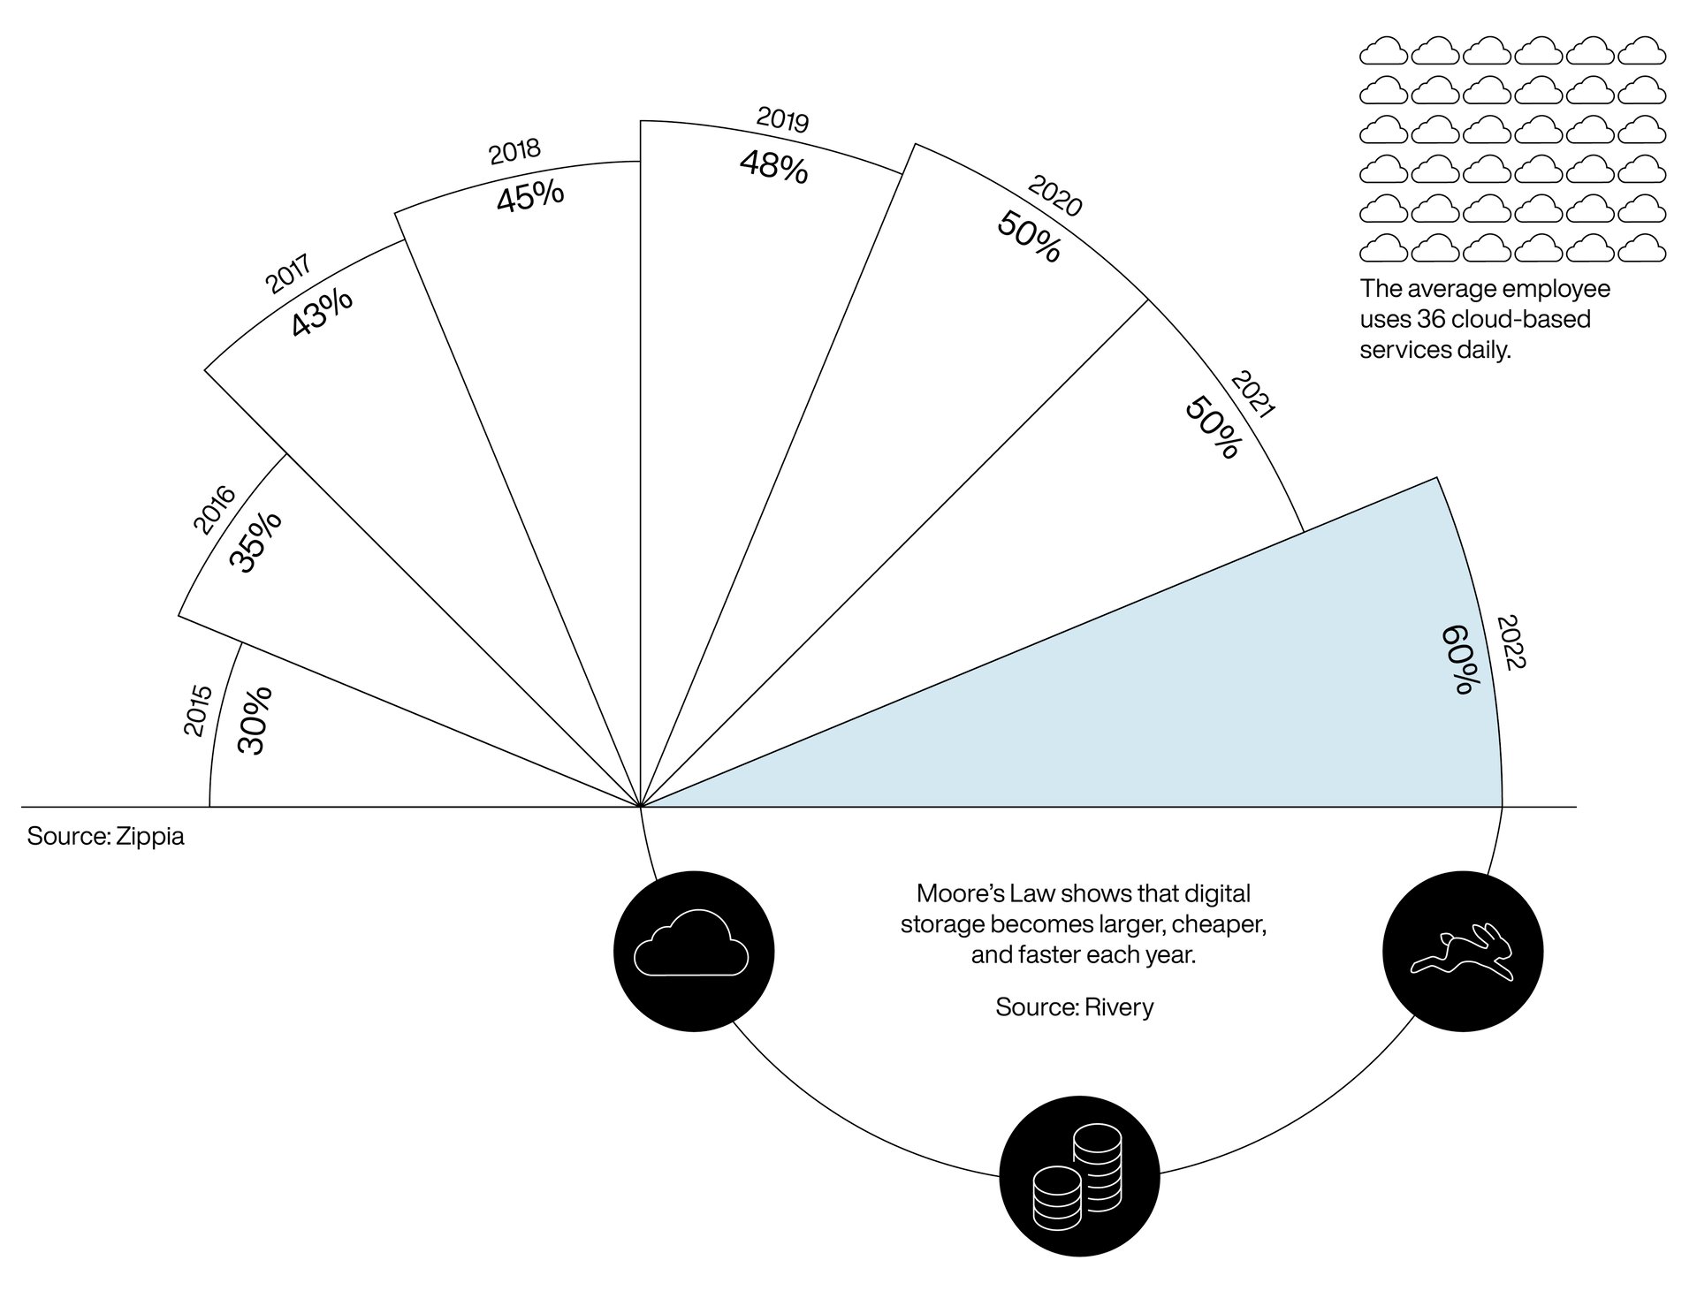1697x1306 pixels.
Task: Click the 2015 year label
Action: (x=198, y=710)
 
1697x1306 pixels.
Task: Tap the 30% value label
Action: (x=255, y=720)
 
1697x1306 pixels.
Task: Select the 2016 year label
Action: (x=215, y=510)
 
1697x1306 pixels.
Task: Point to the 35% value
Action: (x=256, y=542)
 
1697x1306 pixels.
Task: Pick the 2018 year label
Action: (x=514, y=151)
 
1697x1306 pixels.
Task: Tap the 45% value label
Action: (x=529, y=196)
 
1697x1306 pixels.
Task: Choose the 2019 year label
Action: (x=783, y=119)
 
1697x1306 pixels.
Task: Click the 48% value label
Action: (x=773, y=166)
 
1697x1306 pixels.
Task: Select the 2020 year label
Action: (x=1055, y=196)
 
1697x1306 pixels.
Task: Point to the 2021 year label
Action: (x=1252, y=395)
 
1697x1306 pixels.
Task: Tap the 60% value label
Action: (x=1459, y=659)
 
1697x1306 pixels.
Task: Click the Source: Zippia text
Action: (x=105, y=836)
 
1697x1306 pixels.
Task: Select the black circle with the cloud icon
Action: (x=694, y=951)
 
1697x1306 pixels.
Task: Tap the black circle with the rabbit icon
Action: (x=1462, y=951)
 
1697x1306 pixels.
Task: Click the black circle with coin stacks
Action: (x=1078, y=1179)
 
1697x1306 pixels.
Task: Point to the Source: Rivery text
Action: (x=1074, y=1007)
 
